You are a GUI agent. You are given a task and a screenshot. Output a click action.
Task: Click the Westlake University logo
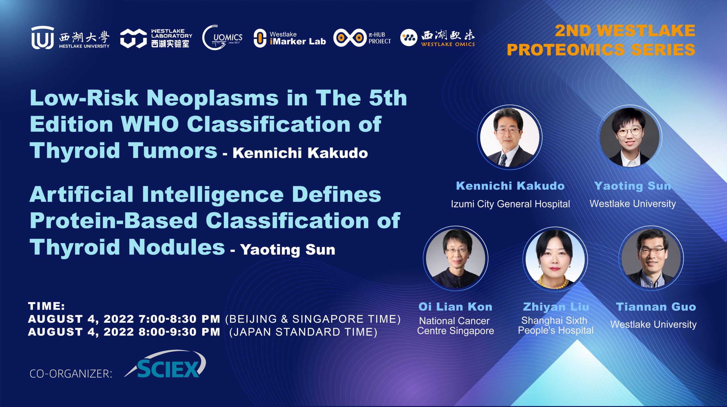pos(70,38)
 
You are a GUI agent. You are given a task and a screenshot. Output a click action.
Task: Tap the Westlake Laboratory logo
pos(156,38)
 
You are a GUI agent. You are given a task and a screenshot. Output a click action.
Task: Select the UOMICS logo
pos(222,38)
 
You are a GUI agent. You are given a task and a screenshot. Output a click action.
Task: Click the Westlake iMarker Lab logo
pos(290,38)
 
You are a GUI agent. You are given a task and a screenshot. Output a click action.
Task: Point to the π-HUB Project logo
pos(362,38)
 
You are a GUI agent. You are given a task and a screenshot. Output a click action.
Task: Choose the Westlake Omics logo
pos(437,38)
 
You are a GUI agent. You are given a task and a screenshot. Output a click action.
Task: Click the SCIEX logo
pos(166,364)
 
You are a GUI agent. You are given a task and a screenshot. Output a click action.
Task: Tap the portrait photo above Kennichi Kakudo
pos(509,137)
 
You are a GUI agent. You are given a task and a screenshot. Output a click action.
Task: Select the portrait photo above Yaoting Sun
pos(629,137)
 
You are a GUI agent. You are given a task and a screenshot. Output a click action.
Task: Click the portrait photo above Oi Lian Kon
pos(456,258)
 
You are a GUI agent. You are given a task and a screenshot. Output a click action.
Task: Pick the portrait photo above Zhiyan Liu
pos(555,259)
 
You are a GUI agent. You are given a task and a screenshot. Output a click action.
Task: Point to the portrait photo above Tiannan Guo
pos(651,258)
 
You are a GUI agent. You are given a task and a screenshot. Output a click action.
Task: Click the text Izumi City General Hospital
pos(510,204)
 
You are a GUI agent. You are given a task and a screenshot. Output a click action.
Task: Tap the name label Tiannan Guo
pos(656,307)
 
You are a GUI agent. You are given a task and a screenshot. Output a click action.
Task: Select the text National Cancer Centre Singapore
pos(455,326)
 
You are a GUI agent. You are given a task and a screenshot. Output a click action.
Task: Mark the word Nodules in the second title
pos(176,247)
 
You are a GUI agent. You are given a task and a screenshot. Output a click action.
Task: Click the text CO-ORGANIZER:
pos(71,374)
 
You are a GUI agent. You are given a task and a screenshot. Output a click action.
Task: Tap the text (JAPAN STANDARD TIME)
pos(303,332)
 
